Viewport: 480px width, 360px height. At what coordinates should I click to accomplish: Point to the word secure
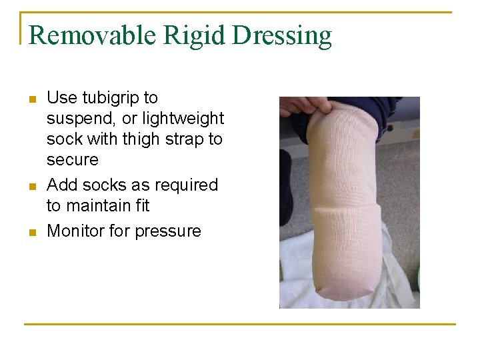point(72,160)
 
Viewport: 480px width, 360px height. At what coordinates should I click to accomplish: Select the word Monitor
point(75,231)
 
